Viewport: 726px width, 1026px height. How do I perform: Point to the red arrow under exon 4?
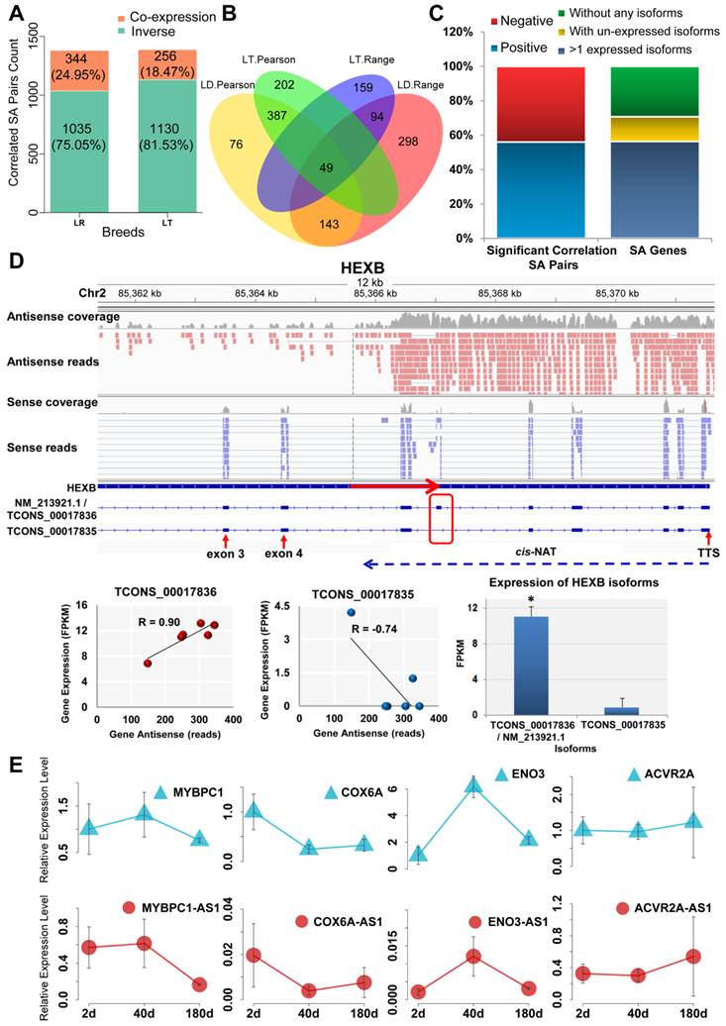click(283, 541)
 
